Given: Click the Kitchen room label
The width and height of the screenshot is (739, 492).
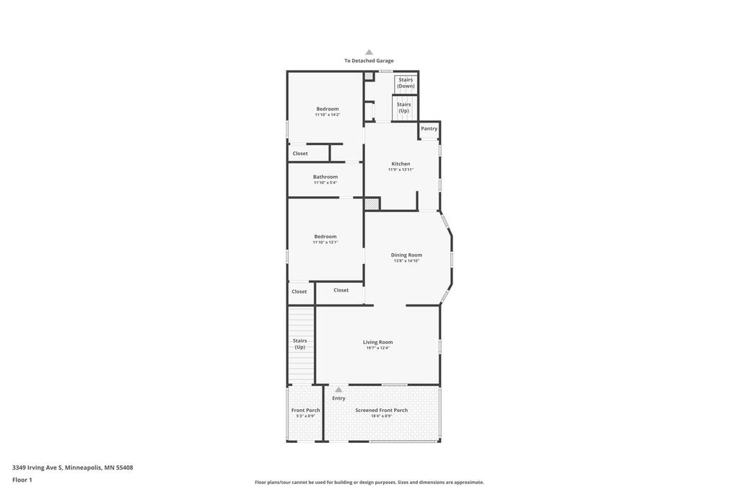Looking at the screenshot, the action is [x=401, y=164].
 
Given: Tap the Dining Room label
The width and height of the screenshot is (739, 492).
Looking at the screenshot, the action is [x=406, y=255].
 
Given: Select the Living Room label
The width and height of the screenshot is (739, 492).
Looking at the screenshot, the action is [x=378, y=342].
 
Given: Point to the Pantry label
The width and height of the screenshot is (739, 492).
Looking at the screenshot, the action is [x=429, y=128].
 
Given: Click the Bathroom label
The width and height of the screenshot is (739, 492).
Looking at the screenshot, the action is [x=325, y=177].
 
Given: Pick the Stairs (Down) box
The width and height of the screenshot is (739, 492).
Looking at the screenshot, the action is [x=406, y=83].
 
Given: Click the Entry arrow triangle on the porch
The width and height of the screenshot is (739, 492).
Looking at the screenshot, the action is [x=338, y=390].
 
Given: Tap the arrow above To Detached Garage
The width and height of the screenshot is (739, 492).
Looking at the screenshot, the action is [x=369, y=52].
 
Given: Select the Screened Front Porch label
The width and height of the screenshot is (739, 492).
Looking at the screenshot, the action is [x=381, y=410].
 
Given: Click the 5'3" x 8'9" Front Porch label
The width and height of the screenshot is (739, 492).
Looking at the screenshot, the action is [x=305, y=416].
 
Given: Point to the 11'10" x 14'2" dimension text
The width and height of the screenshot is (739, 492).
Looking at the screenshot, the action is [x=328, y=115].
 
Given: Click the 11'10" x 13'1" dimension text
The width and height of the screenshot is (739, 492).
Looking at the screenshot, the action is [x=325, y=242].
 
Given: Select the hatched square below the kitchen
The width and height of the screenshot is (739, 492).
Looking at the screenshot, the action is [x=372, y=203].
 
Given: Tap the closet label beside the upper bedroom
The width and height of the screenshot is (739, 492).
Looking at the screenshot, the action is [x=300, y=153].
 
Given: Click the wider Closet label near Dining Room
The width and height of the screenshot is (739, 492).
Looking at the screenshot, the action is [x=341, y=290].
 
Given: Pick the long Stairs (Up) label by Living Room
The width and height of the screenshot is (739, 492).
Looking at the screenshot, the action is [x=299, y=343].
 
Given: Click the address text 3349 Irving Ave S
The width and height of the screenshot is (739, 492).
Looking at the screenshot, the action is [x=38, y=467].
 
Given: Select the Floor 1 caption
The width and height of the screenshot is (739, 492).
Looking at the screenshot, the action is [x=22, y=480].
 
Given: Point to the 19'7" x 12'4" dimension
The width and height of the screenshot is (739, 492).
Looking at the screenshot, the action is [x=378, y=348].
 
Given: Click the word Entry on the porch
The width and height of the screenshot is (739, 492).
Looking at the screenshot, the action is [x=338, y=398].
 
